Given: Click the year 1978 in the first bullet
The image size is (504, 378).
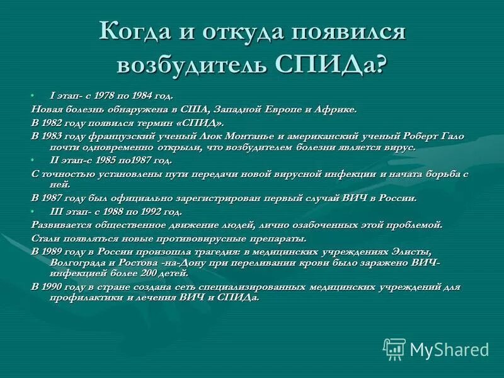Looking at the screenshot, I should click(105, 95).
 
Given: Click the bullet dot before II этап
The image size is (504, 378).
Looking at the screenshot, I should click(33, 160).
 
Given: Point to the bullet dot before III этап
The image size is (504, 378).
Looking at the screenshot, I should click(33, 210).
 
